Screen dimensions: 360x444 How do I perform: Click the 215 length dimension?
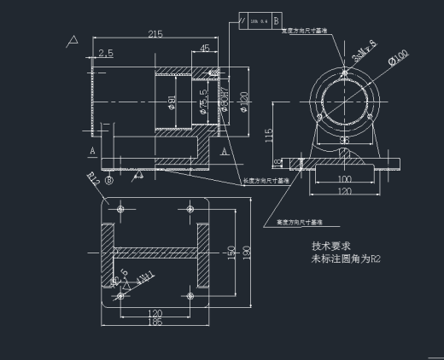(155, 34)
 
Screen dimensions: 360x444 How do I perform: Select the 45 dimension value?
(205, 49)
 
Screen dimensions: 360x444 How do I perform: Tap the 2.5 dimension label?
(106, 54)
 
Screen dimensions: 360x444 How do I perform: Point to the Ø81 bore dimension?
(172, 102)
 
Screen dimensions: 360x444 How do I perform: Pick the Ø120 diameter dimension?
(243, 101)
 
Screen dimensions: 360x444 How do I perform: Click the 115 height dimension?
(269, 134)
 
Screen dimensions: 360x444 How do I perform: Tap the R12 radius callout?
(95, 178)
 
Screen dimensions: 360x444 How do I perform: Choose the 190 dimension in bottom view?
(245, 253)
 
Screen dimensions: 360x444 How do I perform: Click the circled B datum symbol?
(109, 181)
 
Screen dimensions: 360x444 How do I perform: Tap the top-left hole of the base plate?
(120, 207)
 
